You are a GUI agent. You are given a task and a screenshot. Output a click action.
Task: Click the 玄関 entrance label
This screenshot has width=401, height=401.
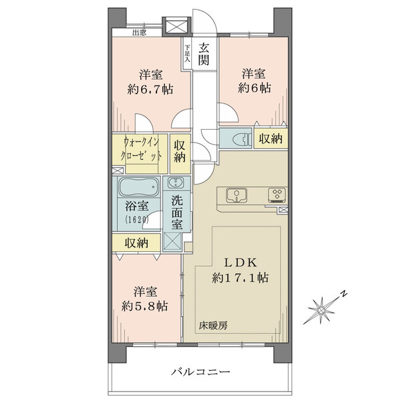pyautogui.click(x=205, y=54)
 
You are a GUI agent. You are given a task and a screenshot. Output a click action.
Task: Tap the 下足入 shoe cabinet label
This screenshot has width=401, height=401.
pyautogui.click(x=187, y=53)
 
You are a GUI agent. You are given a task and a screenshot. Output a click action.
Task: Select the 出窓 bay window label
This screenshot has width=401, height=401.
pyautogui.click(x=140, y=33)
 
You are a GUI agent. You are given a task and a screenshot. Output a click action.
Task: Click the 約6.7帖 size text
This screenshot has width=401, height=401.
pyautogui.click(x=150, y=90)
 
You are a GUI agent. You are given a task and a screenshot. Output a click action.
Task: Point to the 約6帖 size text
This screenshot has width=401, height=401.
pyautogui.click(x=254, y=88)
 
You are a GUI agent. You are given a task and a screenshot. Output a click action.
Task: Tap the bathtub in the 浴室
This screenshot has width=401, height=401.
pyautogui.click(x=139, y=186)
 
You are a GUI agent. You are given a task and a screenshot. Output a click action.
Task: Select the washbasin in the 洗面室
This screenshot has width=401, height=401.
pyautogui.click(x=176, y=183)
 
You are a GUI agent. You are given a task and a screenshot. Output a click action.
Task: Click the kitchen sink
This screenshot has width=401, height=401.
pyautogui.click(x=237, y=196)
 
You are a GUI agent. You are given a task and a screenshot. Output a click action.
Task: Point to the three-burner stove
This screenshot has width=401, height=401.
pyautogui.click(x=277, y=194)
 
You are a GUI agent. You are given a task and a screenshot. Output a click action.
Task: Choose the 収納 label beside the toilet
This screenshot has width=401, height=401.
pyautogui.click(x=271, y=138)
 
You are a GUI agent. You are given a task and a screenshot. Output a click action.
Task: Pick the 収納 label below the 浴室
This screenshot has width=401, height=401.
pyautogui.click(x=136, y=243)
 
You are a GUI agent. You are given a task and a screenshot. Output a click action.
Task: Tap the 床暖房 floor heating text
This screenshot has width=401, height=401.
pyautogui.click(x=213, y=325)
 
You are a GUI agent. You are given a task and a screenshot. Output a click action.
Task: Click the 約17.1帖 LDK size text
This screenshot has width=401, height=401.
pyautogui.click(x=240, y=277)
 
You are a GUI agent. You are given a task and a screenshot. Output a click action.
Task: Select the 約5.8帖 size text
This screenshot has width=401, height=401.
pyautogui.click(x=145, y=306)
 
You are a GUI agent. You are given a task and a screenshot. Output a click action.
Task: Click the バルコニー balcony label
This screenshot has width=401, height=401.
pyautogui.click(x=200, y=372)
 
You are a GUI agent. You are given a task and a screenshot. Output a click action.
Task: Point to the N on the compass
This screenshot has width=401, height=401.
pyautogui.click(x=344, y=293)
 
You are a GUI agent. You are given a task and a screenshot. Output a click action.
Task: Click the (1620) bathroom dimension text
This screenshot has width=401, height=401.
pyautogui.click(x=137, y=219)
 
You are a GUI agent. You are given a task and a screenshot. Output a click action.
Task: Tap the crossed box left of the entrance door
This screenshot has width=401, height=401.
pyautogui.click(x=176, y=25)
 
